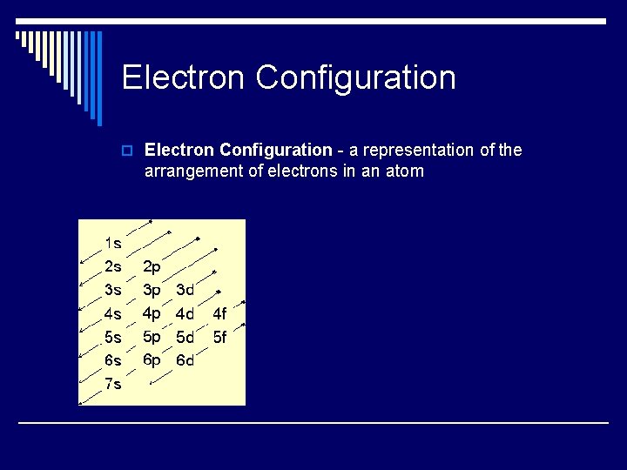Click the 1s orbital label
tap(112, 243)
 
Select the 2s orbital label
tap(112, 266)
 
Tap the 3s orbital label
tap(112, 289)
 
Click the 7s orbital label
tap(112, 384)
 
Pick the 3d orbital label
tap(185, 289)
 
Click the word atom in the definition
tap(404, 171)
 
